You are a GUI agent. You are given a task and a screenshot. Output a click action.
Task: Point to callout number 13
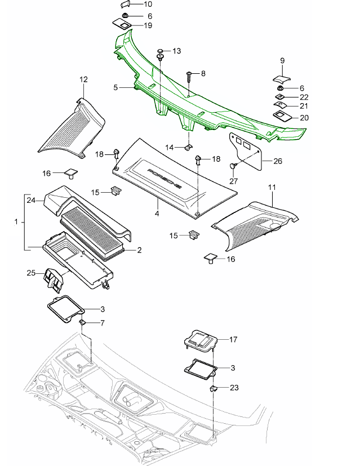pos(176,51)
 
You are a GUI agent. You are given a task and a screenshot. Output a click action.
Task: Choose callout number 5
pos(115,87)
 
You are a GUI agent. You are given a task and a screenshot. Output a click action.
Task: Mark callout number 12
pos(84,79)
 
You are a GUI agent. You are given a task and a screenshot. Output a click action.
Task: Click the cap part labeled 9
pos(282,78)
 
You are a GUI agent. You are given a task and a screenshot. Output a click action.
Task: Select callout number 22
pos(304,97)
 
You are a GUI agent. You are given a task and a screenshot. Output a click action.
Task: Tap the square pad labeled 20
pos(281,116)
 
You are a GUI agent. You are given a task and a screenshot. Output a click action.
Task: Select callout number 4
pos(157,214)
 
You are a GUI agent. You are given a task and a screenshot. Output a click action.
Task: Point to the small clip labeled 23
pos(214,388)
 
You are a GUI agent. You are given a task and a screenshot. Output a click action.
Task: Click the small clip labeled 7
pos(82,322)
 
